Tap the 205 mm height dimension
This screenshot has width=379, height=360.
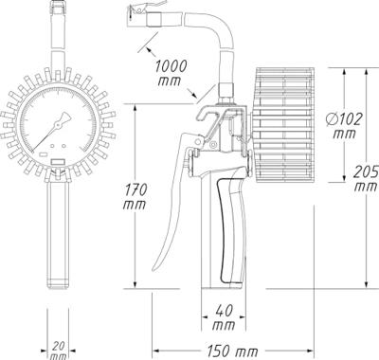(364, 177)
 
